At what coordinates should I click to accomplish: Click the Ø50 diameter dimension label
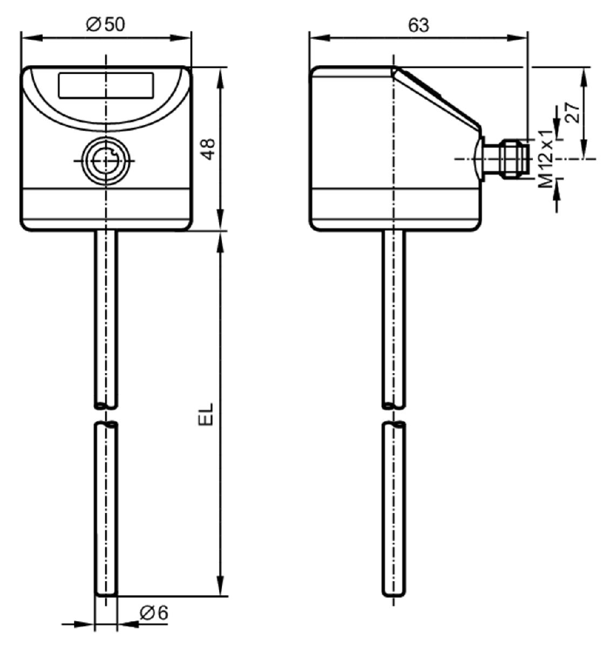[105, 24]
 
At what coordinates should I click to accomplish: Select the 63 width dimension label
[418, 25]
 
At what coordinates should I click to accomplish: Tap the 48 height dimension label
[208, 149]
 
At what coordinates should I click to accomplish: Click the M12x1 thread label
[545, 159]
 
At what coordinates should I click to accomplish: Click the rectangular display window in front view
[106, 85]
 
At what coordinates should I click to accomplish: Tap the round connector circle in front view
[106, 161]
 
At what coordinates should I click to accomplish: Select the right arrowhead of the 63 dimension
[517, 38]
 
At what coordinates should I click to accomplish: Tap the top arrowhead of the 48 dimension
[221, 78]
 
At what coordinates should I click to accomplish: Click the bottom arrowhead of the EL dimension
[221, 586]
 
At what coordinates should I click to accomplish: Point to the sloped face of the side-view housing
[437, 98]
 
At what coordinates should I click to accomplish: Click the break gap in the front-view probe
[106, 415]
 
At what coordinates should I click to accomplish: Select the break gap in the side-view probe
[394, 415]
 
